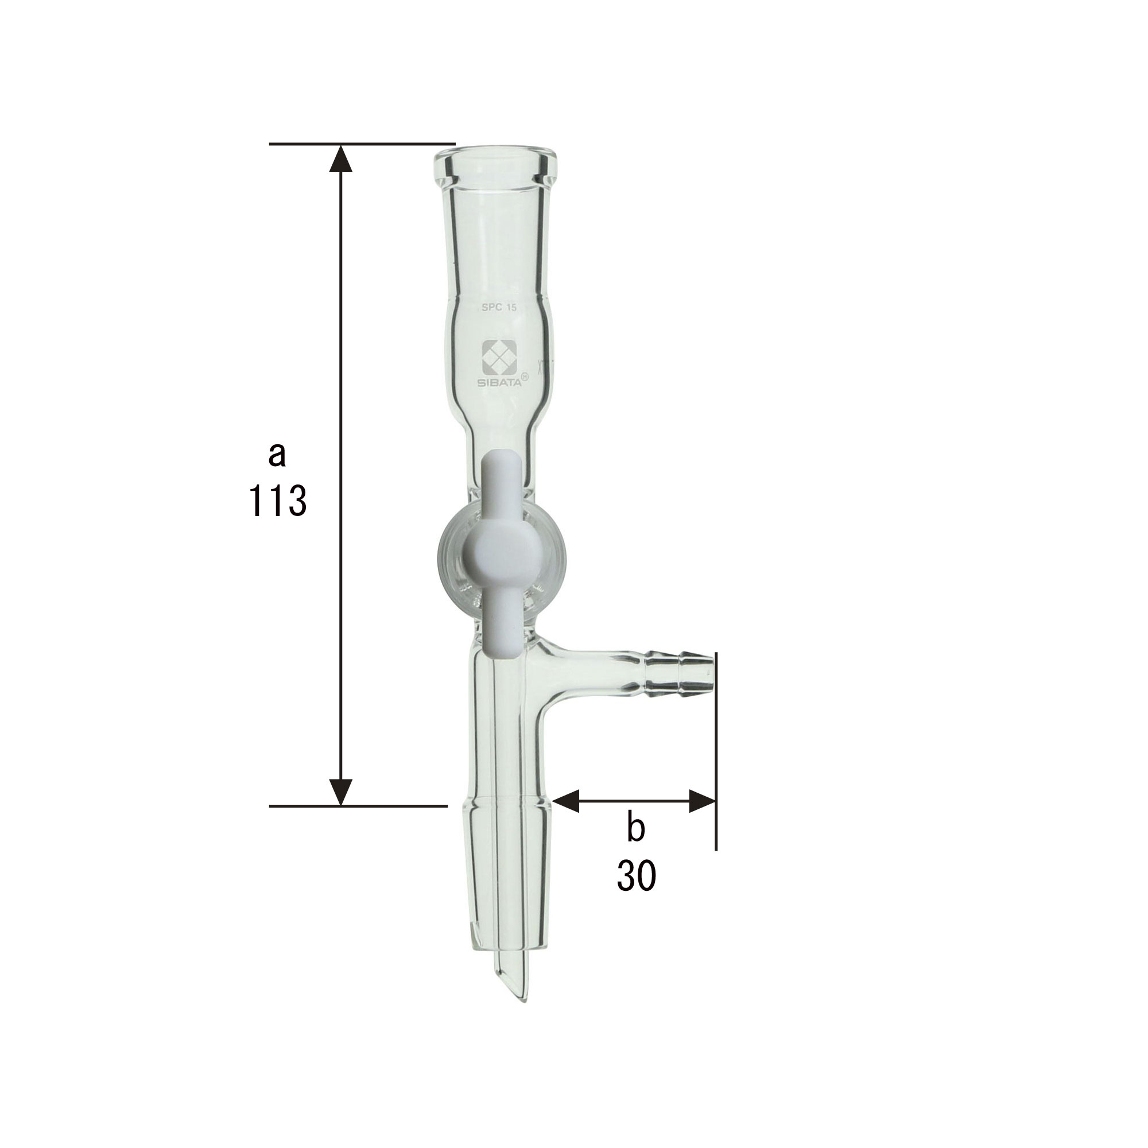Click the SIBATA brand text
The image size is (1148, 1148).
tap(501, 383)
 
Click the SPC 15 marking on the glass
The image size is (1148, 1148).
tap(501, 308)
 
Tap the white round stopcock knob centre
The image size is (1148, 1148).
tap(501, 552)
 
